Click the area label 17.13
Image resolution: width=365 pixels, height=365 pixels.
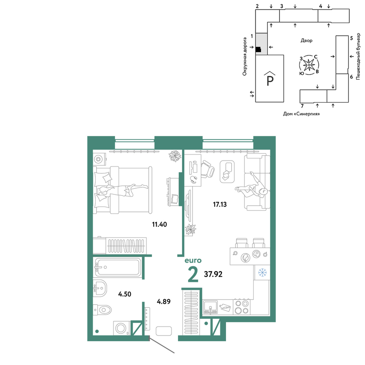click(220, 204)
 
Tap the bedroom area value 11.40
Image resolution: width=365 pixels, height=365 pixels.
click(160, 224)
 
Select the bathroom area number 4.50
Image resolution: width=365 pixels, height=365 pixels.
click(124, 294)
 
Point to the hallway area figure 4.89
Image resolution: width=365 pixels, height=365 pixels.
click(164, 301)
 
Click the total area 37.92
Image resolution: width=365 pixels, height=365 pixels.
click(213, 274)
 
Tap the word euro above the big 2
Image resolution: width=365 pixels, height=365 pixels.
click(193, 260)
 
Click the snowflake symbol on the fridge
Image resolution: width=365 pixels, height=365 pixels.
click(262, 272)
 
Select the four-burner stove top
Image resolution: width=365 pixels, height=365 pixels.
click(242, 307)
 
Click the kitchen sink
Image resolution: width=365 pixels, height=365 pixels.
click(211, 307)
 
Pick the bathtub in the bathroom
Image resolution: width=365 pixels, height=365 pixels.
click(117, 267)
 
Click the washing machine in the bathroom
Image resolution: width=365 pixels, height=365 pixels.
click(122, 328)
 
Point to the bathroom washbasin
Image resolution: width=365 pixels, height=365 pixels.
click(100, 288)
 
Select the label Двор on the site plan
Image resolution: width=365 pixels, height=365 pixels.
click(306, 41)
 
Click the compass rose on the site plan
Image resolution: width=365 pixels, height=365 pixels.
click(309, 65)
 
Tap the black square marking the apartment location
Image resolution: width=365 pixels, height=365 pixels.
click(258, 50)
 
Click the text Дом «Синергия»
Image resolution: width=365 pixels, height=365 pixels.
click(301, 114)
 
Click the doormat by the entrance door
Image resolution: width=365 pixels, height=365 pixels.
click(164, 331)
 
